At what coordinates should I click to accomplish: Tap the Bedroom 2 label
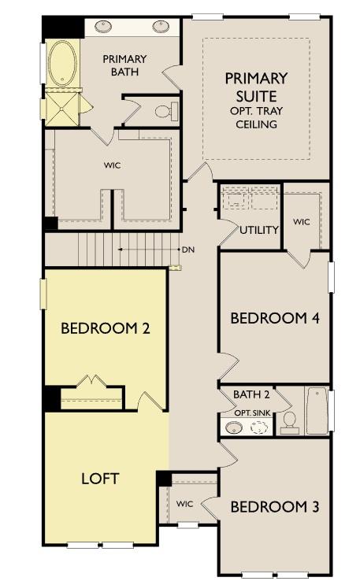pos(105,328)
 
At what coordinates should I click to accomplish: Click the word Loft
pos(100,478)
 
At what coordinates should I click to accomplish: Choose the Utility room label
pos(260,230)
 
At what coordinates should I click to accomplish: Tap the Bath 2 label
pos(251,394)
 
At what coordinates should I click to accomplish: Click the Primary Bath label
pos(124,64)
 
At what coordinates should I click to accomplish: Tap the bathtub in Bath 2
pos(317,411)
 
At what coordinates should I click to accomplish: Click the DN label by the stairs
pos(187,250)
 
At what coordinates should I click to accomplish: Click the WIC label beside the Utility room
pos(302,222)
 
